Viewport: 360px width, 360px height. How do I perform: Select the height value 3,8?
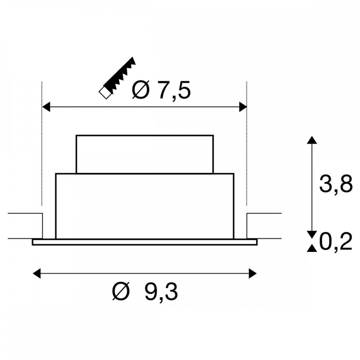(x=336, y=184)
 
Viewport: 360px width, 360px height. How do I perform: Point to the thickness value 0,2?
(x=336, y=242)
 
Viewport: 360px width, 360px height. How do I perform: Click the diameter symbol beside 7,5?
(x=140, y=90)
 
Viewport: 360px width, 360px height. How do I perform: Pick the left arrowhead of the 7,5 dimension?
(x=46, y=107)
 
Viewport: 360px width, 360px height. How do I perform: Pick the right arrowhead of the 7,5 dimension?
(x=243, y=107)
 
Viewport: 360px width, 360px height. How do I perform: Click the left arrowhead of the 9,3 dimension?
(x=37, y=274)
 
